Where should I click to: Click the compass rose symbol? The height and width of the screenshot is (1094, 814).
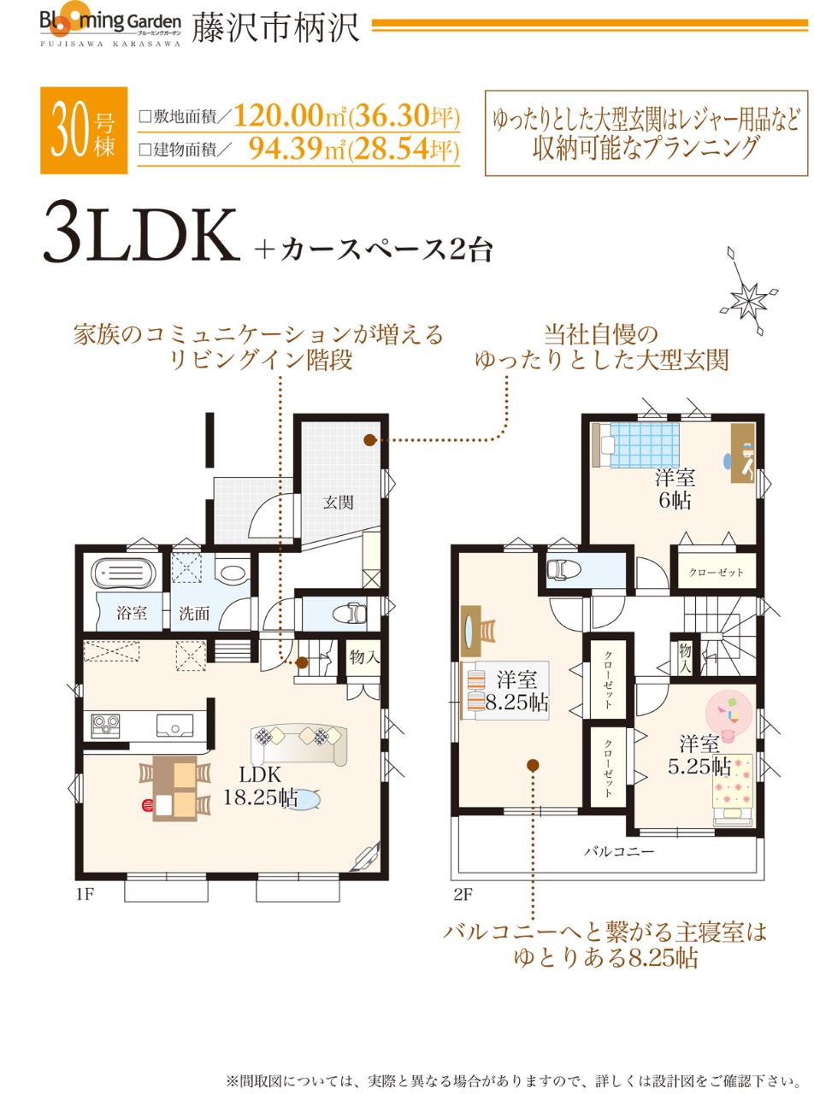[750, 297]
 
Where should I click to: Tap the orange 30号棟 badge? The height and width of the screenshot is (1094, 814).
[83, 130]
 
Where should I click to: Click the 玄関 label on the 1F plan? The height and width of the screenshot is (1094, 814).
[339, 503]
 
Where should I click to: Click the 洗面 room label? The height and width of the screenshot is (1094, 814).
[194, 612]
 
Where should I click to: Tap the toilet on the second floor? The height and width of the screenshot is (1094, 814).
[563, 568]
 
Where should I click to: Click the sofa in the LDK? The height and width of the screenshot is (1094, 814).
[298, 742]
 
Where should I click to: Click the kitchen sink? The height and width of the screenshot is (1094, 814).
[174, 726]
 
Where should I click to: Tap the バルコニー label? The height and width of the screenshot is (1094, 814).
[619, 851]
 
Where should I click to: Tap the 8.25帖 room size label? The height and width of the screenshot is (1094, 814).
[516, 703]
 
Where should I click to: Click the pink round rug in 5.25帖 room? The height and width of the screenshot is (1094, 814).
[728, 711]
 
